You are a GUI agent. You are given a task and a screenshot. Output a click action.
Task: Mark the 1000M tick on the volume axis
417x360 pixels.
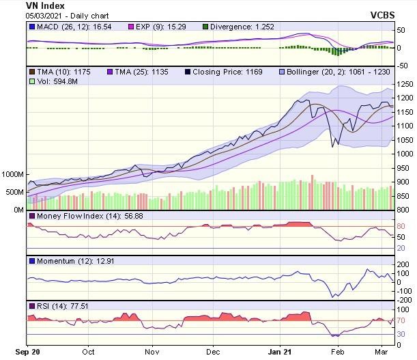click(x=13, y=175)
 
